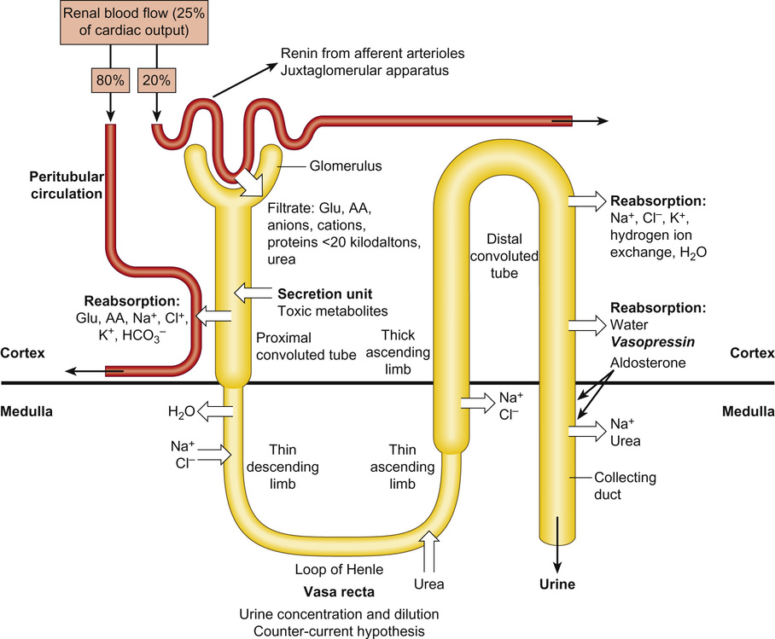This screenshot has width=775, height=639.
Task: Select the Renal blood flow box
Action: [x=137, y=23]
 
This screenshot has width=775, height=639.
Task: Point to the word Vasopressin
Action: [x=650, y=341]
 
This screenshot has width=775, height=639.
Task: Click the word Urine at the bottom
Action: [x=558, y=584]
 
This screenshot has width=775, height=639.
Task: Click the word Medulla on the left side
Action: [x=27, y=410]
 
